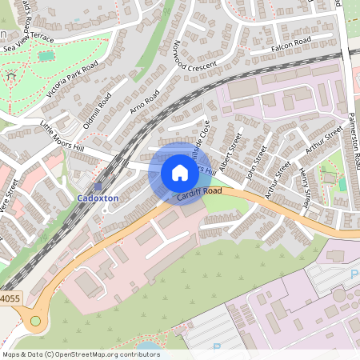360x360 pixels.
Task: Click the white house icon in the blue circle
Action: tap(180, 173)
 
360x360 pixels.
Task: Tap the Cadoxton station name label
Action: tap(98, 198)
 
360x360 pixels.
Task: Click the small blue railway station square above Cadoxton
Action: tap(98, 186)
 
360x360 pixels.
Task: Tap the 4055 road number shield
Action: tap(9, 298)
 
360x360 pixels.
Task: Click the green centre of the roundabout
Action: tap(35, 321)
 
